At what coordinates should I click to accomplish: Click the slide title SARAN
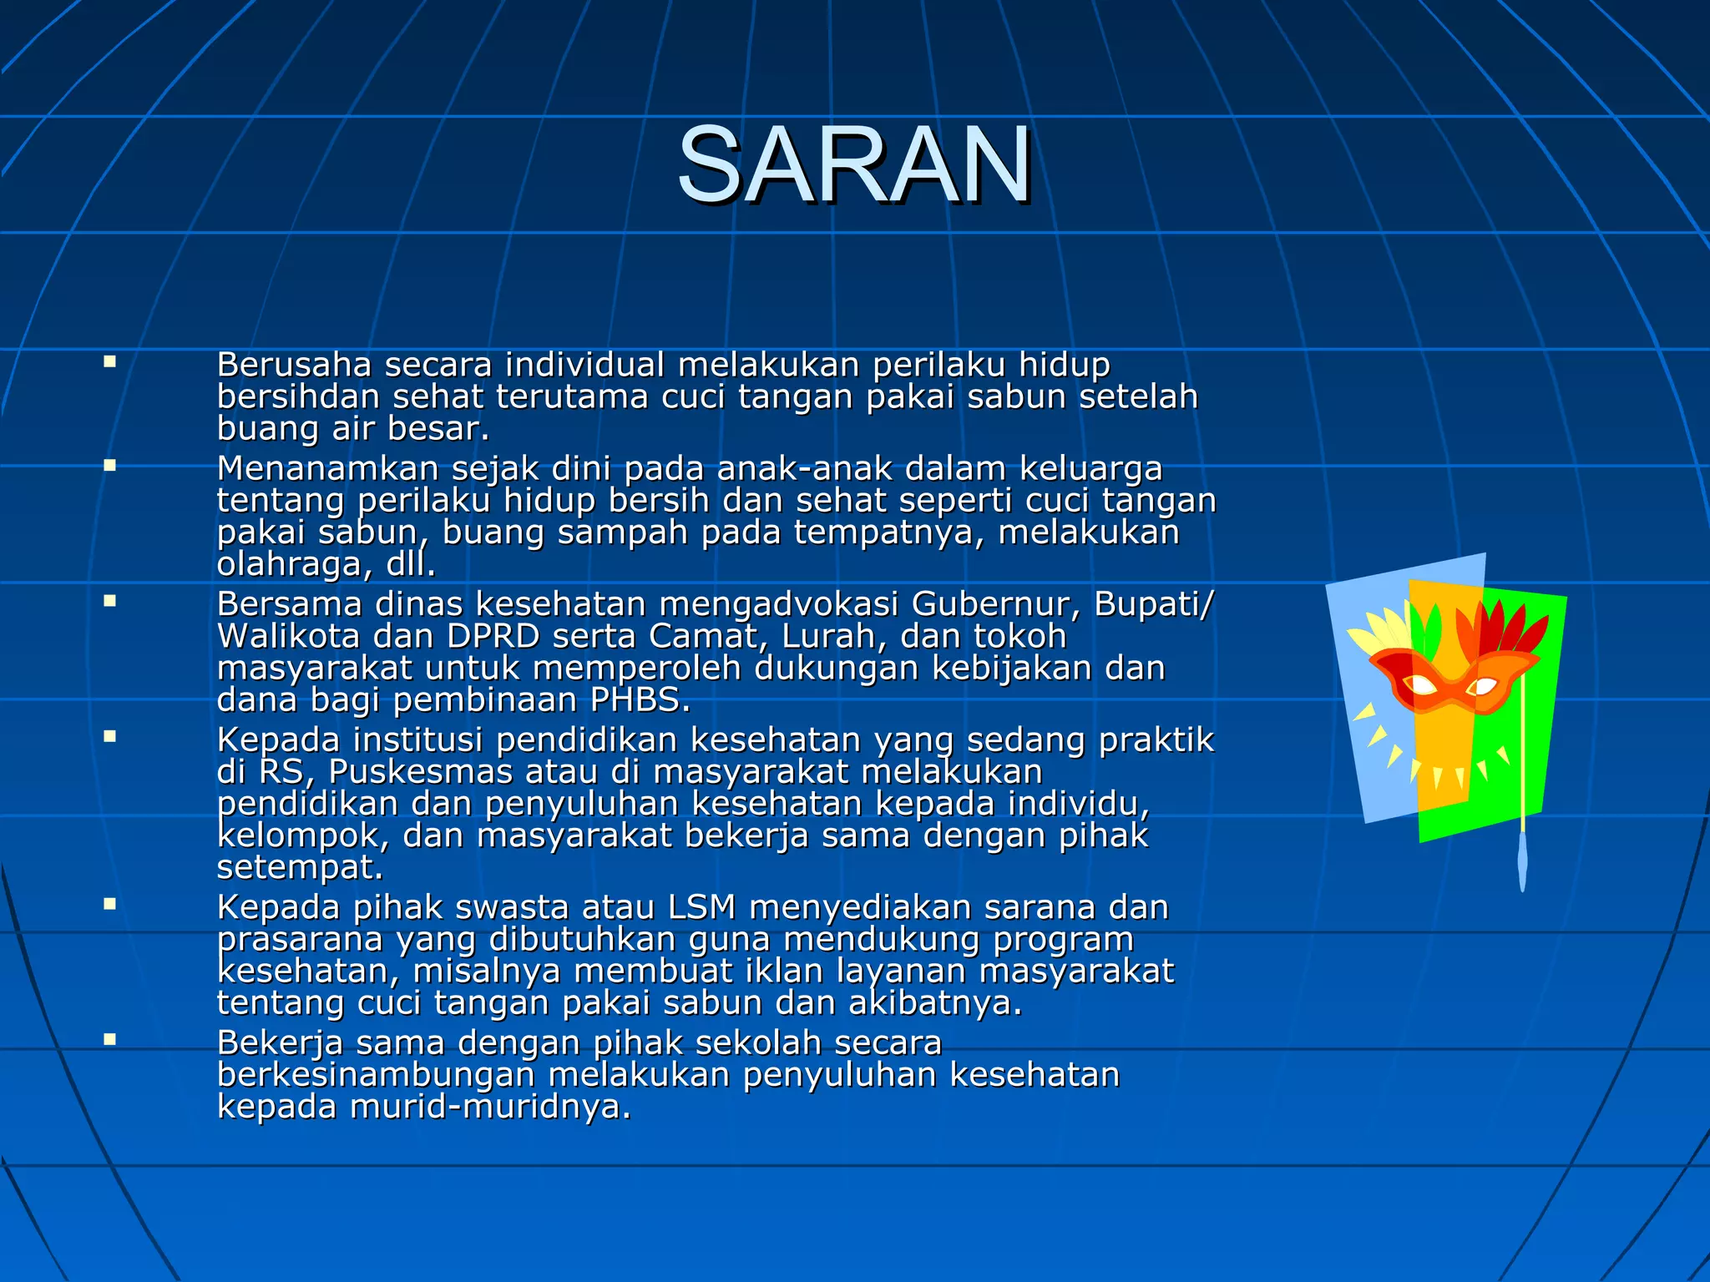tap(854, 164)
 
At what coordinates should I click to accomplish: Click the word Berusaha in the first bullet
tap(294, 366)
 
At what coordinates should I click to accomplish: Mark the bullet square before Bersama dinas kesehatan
tap(109, 600)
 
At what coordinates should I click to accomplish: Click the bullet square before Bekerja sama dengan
tap(109, 1039)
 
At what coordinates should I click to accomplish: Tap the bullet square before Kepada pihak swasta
tap(109, 903)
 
